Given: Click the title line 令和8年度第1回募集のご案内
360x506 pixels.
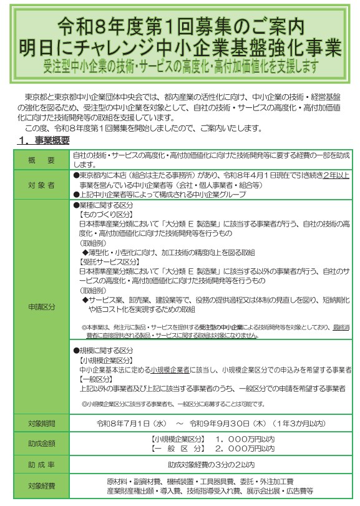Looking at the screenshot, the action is [180, 25].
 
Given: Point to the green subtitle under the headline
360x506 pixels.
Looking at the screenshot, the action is [180, 67].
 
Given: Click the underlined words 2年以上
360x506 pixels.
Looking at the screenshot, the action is [335, 177].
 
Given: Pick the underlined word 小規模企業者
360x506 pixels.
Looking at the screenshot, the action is [170, 369].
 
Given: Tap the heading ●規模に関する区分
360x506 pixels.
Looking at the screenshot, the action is [104, 351].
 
